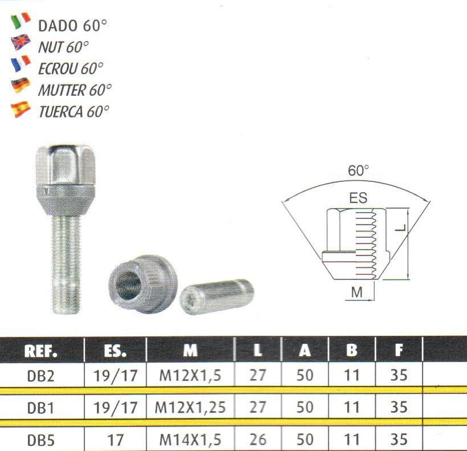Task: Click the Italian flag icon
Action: coord(21,21)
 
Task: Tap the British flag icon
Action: coord(21,42)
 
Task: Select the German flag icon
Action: coord(21,85)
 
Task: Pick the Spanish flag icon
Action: coord(21,109)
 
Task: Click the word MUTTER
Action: coord(62,90)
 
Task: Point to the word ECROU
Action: coord(58,69)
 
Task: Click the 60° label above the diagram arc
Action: coord(358,170)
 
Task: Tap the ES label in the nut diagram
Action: coord(358,198)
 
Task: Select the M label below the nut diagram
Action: coord(357,292)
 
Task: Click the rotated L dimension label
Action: coord(401,228)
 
